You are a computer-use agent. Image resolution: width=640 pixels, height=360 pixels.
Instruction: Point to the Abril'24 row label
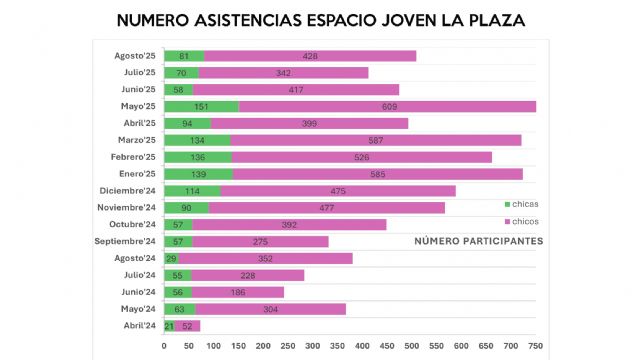pos(138,325)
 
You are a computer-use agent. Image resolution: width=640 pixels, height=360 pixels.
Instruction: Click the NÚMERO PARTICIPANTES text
pos(478,241)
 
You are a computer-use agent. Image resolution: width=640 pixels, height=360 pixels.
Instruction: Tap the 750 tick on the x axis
pos(536,346)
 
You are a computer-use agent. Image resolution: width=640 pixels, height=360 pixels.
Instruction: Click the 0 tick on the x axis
pos(164,346)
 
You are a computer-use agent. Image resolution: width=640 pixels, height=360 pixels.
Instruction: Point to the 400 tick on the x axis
pos(363,346)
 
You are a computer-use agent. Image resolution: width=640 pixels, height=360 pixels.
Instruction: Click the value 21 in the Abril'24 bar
pos(169,325)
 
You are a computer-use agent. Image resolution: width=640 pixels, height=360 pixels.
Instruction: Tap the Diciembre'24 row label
pos(128,190)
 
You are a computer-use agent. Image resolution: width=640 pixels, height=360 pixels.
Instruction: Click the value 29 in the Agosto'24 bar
pos(171,258)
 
